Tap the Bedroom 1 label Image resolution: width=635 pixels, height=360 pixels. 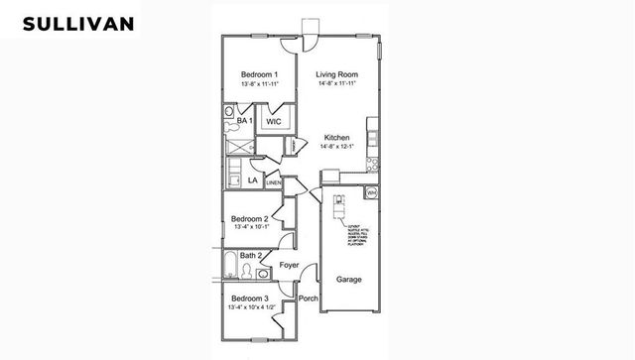(259, 75)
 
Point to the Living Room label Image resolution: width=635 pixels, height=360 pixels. (337, 75)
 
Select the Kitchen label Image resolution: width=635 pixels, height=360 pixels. (338, 137)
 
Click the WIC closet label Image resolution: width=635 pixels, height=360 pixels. (274, 121)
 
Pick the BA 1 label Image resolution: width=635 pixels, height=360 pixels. (244, 121)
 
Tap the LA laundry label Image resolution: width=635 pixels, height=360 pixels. (253, 181)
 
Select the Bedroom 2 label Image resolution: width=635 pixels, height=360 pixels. (250, 218)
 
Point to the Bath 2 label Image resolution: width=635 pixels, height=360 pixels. (251, 256)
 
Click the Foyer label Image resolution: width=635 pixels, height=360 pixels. (290, 265)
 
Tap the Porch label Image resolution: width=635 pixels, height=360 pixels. (309, 298)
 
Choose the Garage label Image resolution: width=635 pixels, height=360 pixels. (348, 280)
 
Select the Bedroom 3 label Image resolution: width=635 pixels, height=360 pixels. (250, 298)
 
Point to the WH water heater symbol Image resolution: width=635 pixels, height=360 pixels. (371, 190)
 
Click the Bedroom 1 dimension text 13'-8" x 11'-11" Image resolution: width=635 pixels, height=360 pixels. (259, 84)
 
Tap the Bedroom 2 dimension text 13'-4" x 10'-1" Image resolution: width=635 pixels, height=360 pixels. (251, 227)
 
